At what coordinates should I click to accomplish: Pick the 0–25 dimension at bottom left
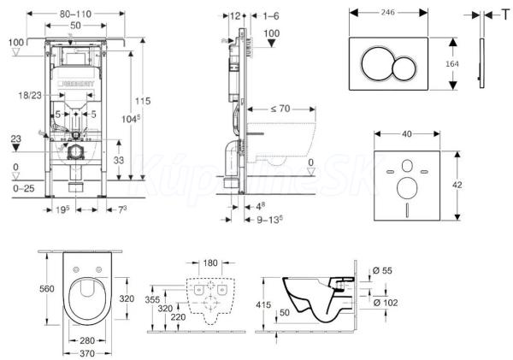coord(15,188)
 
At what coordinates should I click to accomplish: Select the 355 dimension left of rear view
coord(151,301)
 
